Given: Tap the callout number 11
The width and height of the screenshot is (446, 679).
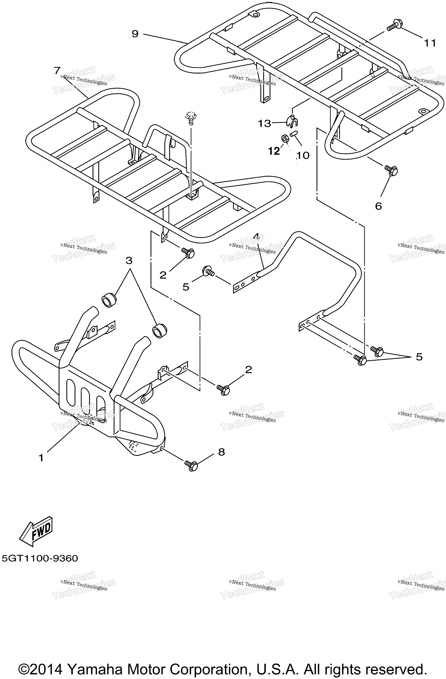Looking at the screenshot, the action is coord(430,43).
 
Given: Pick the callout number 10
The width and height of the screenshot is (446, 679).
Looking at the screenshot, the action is coord(303,155).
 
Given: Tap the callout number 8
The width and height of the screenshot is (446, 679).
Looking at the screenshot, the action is coord(221,452).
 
